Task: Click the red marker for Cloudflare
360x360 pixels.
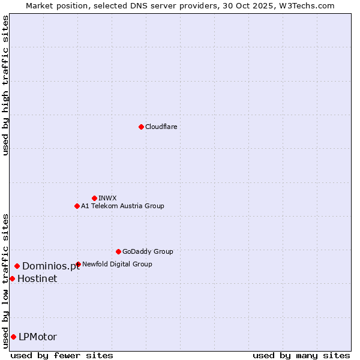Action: point(141,127)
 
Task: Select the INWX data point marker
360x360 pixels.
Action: point(94,198)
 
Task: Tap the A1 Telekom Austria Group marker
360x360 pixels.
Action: point(77,206)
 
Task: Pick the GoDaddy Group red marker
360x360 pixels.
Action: point(118,251)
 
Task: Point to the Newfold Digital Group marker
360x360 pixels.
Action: point(78,264)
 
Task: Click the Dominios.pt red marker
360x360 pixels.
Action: point(17,266)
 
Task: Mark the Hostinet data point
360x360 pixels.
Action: point(12,278)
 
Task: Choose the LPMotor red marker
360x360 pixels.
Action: point(13,337)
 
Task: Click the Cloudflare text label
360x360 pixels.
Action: point(161,127)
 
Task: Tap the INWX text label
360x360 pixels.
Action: point(107,198)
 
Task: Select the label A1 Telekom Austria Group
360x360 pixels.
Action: point(122,206)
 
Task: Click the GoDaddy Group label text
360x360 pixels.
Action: point(148,251)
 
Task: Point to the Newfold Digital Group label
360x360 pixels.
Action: point(117,264)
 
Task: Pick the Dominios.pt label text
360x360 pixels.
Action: point(51,266)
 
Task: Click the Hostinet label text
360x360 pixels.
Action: point(37,278)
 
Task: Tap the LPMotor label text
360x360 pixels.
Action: point(38,337)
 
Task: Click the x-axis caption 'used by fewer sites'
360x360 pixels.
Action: point(62,355)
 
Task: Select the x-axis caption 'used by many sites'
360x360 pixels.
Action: point(301,355)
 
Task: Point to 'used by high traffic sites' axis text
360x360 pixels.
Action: point(5,85)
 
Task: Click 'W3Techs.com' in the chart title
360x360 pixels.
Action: point(309,5)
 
